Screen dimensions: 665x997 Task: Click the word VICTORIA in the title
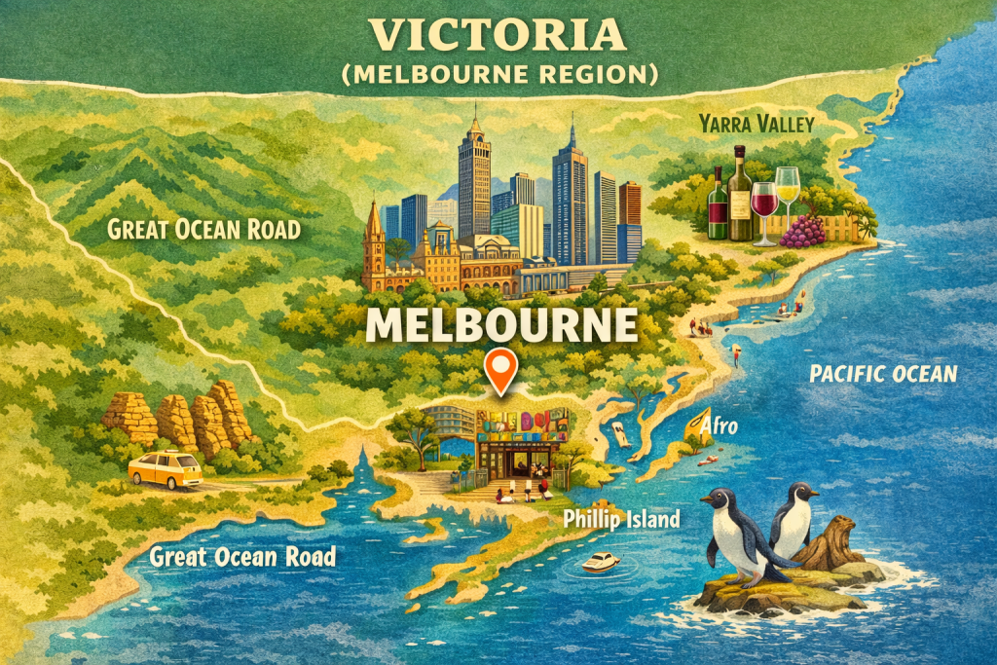(498, 35)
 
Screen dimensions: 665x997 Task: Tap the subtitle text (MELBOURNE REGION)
(498, 74)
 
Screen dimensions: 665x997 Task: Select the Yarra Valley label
(755, 124)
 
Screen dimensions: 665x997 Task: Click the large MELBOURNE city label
(500, 324)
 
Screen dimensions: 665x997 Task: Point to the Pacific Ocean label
(883, 374)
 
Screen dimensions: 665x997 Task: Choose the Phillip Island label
(621, 519)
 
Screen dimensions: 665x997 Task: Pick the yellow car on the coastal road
(165, 468)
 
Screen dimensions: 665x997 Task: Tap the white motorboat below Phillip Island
(600, 563)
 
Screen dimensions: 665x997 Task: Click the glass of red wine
(764, 206)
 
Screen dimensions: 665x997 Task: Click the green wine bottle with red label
(718, 205)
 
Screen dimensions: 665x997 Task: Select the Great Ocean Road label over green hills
(203, 231)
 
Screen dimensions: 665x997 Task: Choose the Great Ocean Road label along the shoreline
(241, 557)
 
